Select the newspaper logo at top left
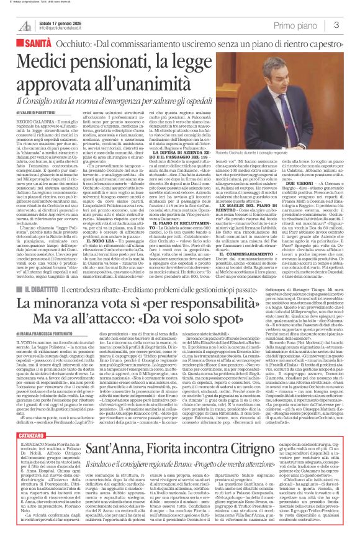coord(25,24)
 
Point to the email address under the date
coord(64,28)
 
